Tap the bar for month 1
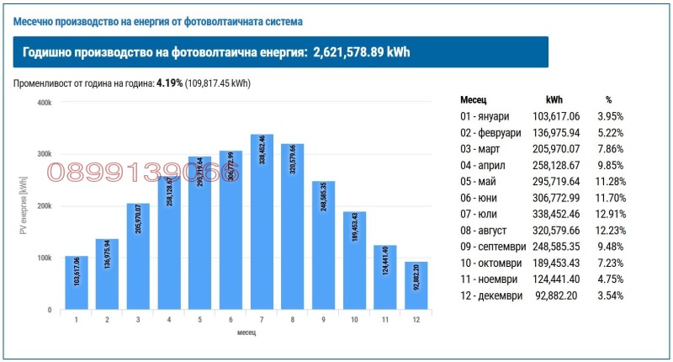click(x=77, y=283)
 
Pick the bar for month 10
click(x=354, y=260)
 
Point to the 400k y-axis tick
click(x=44, y=103)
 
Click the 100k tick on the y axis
click(x=44, y=258)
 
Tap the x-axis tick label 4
click(x=169, y=320)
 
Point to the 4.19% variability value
click(x=170, y=83)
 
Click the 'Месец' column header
click(x=474, y=99)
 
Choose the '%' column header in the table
click(x=609, y=99)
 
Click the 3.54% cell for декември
click(x=609, y=296)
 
